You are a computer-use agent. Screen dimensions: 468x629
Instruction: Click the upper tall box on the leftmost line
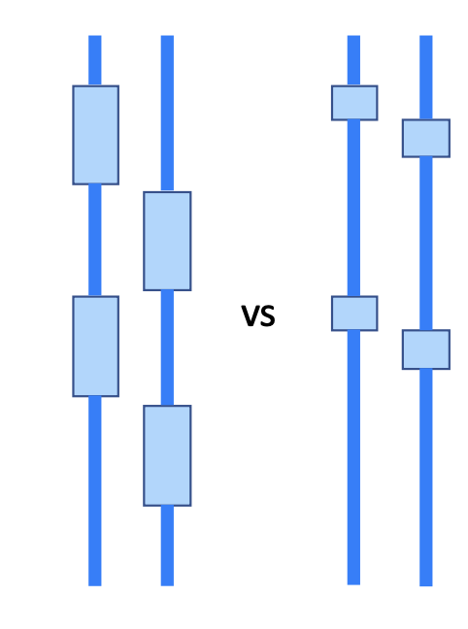pyautogui.click(x=95, y=135)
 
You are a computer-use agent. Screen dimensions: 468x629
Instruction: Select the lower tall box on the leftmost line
pyautogui.click(x=95, y=347)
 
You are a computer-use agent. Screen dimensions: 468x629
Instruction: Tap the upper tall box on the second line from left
pyautogui.click(x=167, y=241)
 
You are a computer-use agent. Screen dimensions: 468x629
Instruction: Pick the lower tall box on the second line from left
pyautogui.click(x=167, y=455)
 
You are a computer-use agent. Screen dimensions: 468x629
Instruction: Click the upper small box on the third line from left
pyautogui.click(x=354, y=103)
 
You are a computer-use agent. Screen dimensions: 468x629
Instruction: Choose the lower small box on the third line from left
pyautogui.click(x=354, y=314)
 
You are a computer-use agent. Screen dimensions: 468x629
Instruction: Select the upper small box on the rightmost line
pyautogui.click(x=426, y=138)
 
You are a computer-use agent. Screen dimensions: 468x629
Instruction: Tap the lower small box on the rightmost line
pyautogui.click(x=426, y=349)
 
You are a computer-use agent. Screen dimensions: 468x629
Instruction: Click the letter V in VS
pyautogui.click(x=251, y=315)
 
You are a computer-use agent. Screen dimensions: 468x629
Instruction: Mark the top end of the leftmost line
pyautogui.click(x=95, y=36)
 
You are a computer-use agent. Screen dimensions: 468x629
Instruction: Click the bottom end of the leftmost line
pyautogui.click(x=95, y=585)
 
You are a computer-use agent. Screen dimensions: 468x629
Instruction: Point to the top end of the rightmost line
pyautogui.click(x=426, y=36)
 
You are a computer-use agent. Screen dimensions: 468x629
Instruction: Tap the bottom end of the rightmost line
pyautogui.click(x=426, y=585)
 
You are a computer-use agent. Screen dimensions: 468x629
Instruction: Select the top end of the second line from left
pyautogui.click(x=167, y=36)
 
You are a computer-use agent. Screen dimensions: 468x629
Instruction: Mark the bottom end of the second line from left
pyautogui.click(x=167, y=585)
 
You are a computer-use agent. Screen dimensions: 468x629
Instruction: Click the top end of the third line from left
pyautogui.click(x=353, y=36)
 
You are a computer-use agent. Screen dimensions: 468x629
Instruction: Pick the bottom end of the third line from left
pyautogui.click(x=353, y=584)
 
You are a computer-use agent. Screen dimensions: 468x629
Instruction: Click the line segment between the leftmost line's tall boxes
pyautogui.click(x=95, y=241)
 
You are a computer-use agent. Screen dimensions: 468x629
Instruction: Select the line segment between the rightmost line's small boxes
pyautogui.click(x=426, y=244)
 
